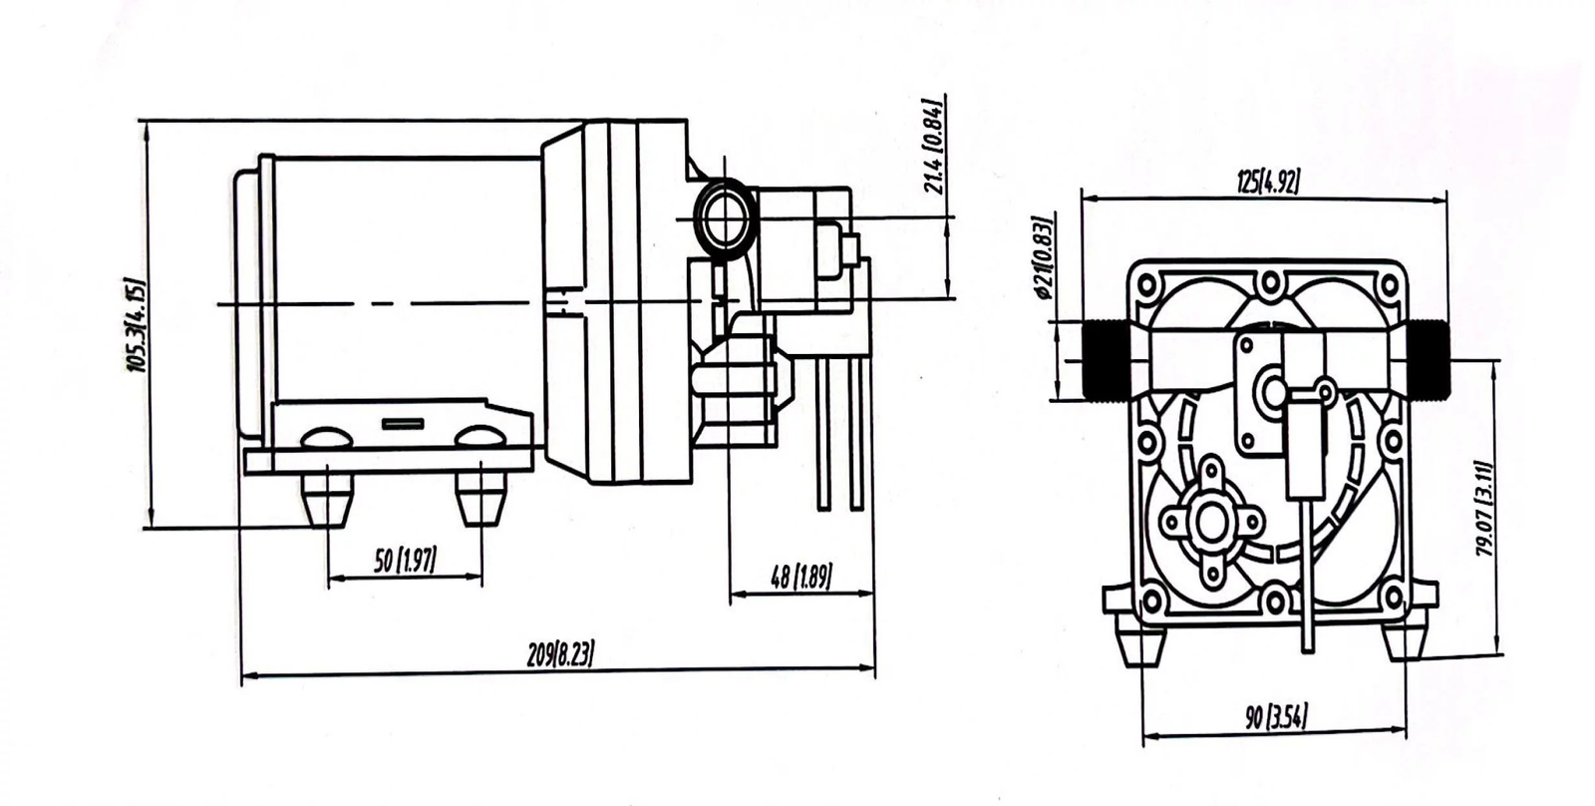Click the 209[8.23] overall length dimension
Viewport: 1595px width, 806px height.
tap(560, 653)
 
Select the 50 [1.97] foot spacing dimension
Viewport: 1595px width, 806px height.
tap(406, 561)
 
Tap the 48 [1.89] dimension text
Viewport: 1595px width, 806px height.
tap(801, 577)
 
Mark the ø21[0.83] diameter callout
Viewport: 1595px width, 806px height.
tap(1044, 256)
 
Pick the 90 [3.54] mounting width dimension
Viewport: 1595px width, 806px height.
tap(1276, 716)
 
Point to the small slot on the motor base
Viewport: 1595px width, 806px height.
tap(403, 424)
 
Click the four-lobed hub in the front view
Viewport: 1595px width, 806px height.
tap(1212, 522)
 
